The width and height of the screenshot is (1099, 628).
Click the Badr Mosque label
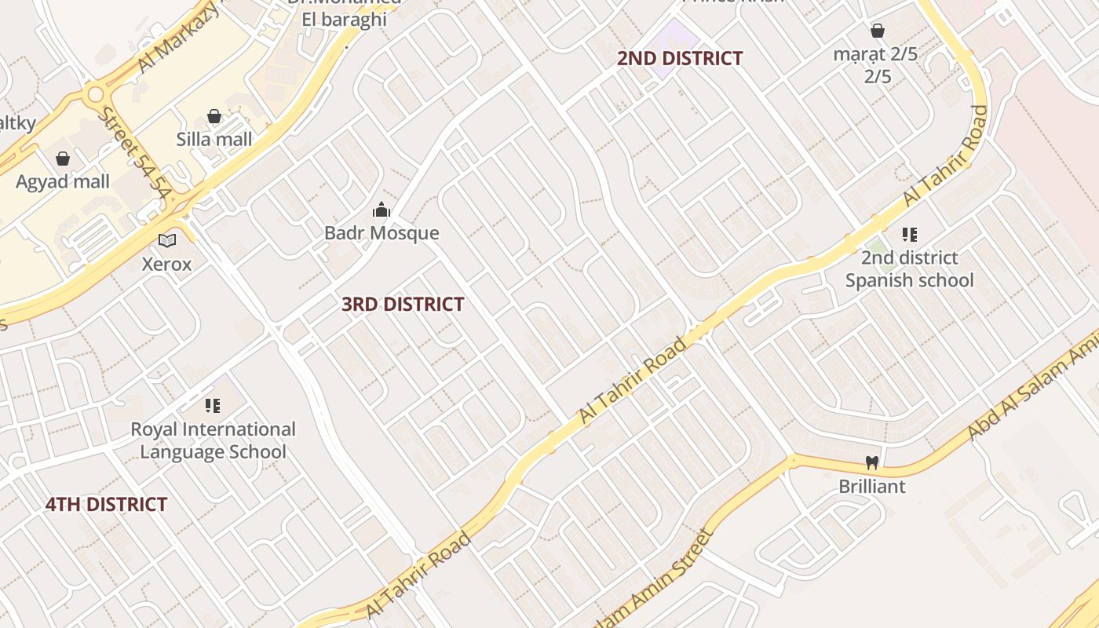coord(382,233)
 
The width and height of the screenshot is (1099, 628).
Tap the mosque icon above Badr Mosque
coord(382,210)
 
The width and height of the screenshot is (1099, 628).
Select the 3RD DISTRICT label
coord(403,305)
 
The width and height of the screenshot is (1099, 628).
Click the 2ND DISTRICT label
coord(679,58)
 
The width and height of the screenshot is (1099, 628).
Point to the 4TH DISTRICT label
coord(106,505)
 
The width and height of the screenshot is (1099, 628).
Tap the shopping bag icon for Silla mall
coord(214,117)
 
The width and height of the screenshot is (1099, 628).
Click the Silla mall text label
coord(214,140)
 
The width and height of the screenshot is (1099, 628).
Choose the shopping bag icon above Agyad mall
coord(63,159)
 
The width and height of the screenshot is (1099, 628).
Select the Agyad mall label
coord(63,182)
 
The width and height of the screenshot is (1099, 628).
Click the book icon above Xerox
coord(166,240)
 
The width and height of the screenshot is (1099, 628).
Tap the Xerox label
coord(166,264)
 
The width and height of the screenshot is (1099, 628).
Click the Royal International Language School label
coord(213,440)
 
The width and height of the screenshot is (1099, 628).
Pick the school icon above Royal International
coord(212,406)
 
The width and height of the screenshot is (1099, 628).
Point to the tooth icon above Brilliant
coord(871,463)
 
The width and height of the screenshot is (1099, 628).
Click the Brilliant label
coord(871,487)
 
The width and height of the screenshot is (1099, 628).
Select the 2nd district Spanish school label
coord(909,269)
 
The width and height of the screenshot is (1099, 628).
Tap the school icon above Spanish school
coord(910,234)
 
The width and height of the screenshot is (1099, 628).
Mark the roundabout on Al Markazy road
coord(96,95)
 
